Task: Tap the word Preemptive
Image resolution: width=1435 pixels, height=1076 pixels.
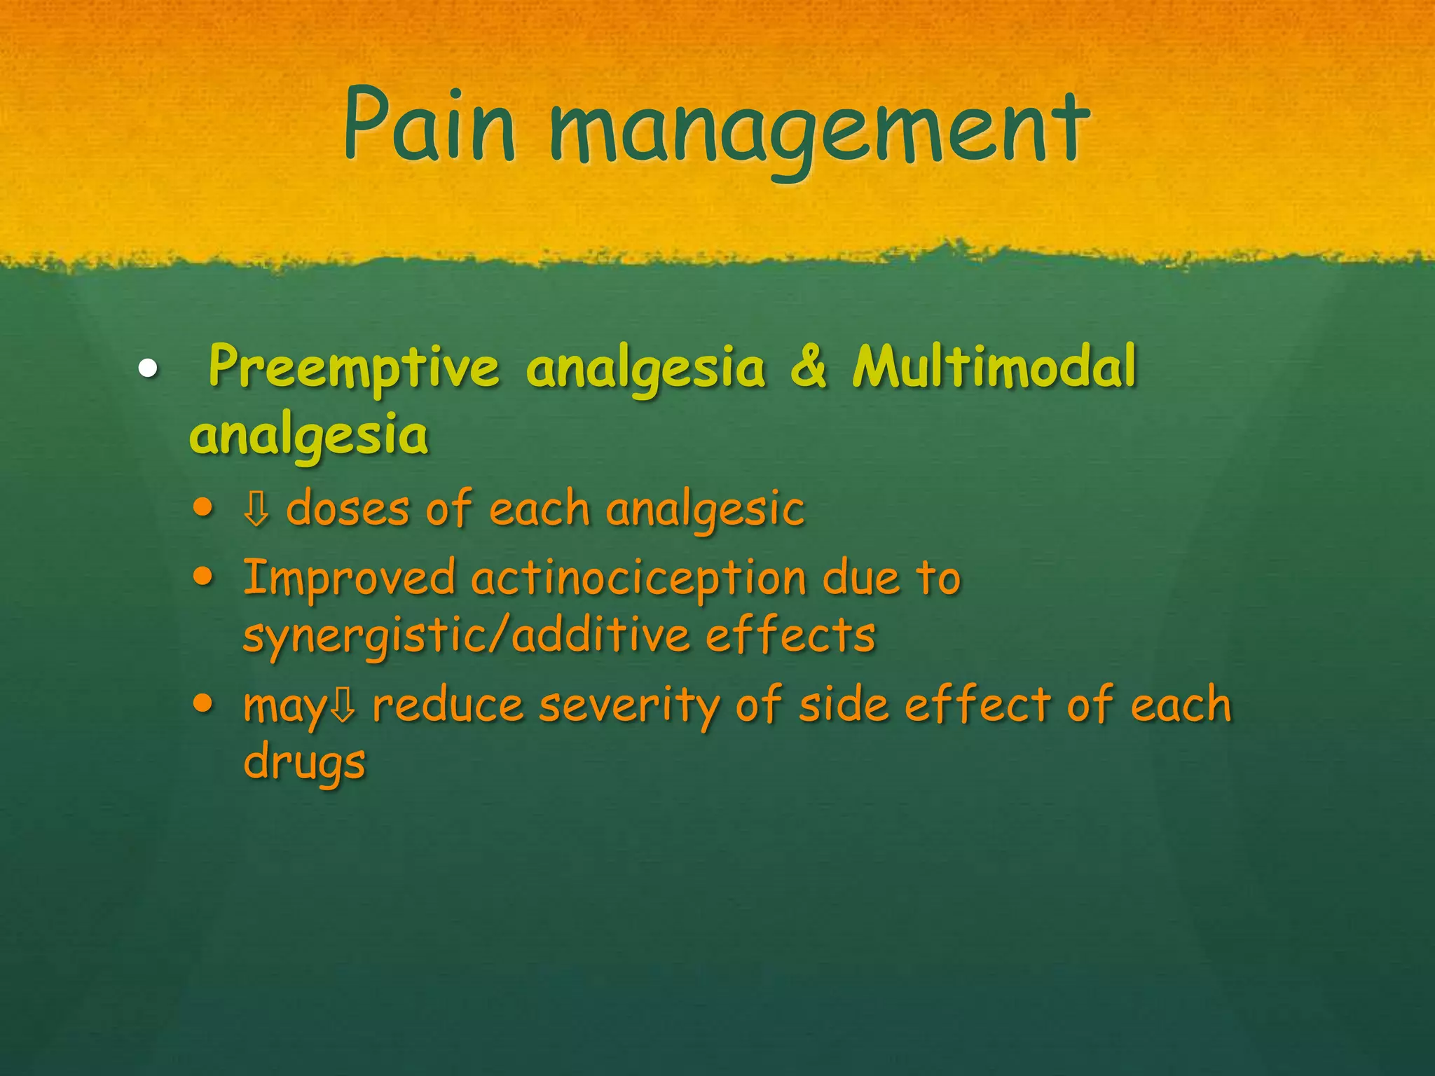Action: tap(354, 368)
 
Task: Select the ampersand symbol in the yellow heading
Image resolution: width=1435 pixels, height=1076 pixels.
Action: tap(809, 368)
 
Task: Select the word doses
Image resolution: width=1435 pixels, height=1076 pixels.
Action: tap(348, 509)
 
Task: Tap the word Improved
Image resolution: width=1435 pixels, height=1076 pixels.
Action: tap(349, 579)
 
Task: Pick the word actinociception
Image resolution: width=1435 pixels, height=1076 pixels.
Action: tap(638, 579)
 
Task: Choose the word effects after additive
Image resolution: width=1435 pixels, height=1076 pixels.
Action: tap(790, 635)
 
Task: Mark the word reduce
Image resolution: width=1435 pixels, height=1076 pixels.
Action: tap(448, 705)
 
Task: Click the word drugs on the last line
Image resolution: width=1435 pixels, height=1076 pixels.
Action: tap(304, 762)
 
